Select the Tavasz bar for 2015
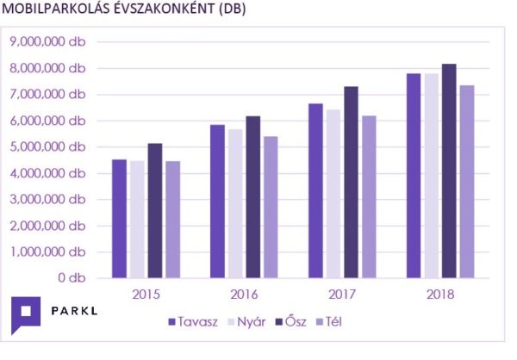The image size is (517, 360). pyautogui.click(x=119, y=219)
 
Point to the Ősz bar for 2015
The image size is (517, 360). pyautogui.click(x=155, y=210)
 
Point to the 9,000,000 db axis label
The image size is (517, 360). pyautogui.click(x=47, y=41)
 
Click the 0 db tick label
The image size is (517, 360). pyautogui.click(x=71, y=278)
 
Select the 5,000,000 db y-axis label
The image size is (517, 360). pyautogui.click(x=47, y=146)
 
